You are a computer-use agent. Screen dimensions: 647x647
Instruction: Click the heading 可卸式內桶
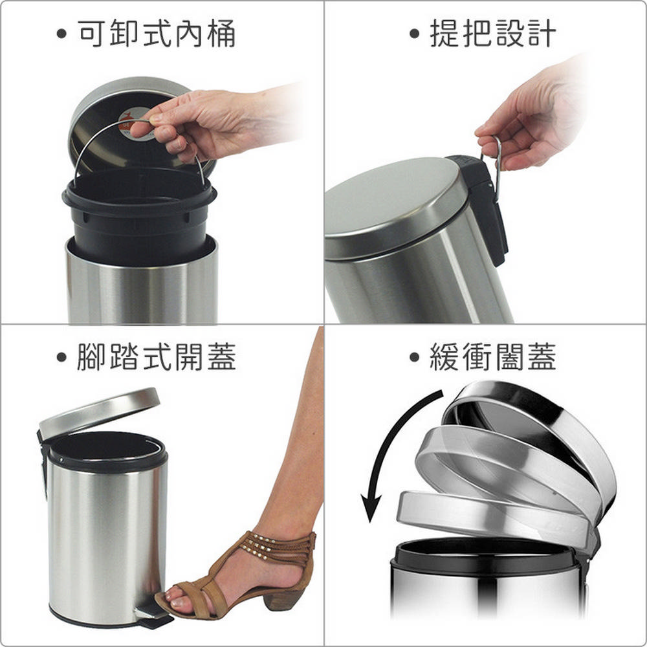(x=157, y=34)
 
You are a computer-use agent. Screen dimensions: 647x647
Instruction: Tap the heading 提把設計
(x=493, y=34)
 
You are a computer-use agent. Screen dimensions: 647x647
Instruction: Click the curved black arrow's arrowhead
(x=371, y=507)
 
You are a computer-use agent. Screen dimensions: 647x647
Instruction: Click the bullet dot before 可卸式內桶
(x=61, y=34)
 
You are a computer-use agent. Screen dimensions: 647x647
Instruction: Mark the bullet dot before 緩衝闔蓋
(x=414, y=357)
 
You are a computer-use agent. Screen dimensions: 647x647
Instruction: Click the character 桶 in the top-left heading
(x=221, y=34)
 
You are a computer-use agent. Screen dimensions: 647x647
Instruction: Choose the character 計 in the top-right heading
(x=542, y=34)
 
